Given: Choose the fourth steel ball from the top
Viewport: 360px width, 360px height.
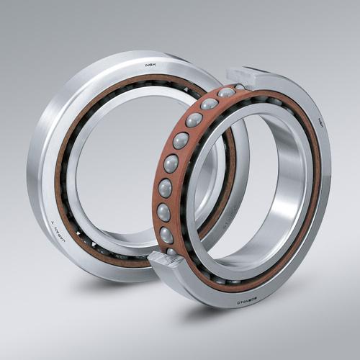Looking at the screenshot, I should tap(181, 140).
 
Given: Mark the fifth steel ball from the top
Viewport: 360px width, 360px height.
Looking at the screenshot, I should tap(171, 163).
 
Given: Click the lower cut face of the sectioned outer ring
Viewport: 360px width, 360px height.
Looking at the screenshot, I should tap(164, 258).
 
